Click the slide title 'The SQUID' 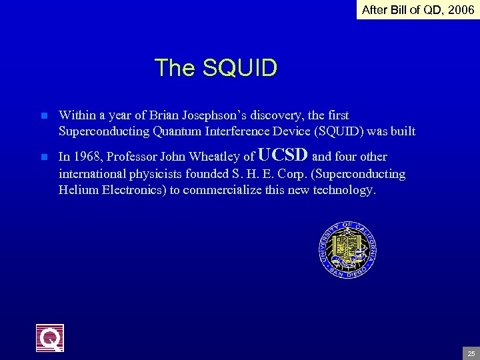point(215,68)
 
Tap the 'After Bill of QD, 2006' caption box point(418,10)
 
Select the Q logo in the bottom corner point(50,338)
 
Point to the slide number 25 point(471,353)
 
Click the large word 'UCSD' point(283,155)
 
